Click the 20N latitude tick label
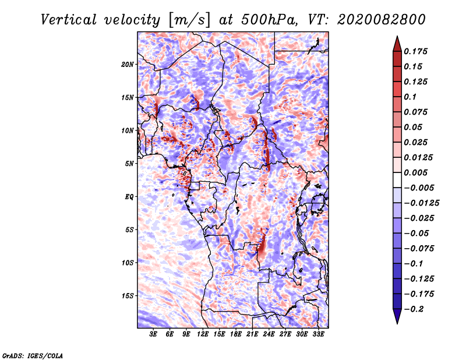coord(128,65)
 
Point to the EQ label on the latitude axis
coord(129,197)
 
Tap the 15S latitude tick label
coord(128,296)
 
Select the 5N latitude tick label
coord(129,164)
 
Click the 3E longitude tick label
coord(153,334)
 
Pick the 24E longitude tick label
coord(269,334)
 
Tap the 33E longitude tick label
coord(318,334)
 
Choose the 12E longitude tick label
coord(202,334)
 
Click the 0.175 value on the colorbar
coord(415,51)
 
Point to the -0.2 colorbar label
coord(414,309)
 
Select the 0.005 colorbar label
coord(415,172)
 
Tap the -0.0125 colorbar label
coord(421,203)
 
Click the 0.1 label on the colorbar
coord(410,97)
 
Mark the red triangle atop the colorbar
coord(397,44)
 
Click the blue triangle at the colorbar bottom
coord(397,316)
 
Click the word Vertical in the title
coord(69,20)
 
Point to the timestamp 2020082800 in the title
coord(382,20)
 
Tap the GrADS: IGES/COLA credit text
coord(33,356)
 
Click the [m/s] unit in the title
coord(189,20)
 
